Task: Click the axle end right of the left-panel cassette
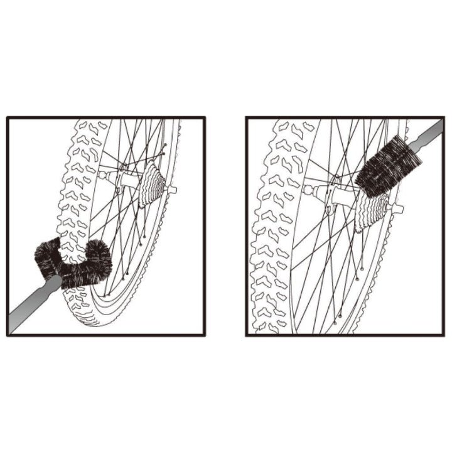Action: [171, 189]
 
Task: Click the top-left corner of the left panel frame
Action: [7, 117]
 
